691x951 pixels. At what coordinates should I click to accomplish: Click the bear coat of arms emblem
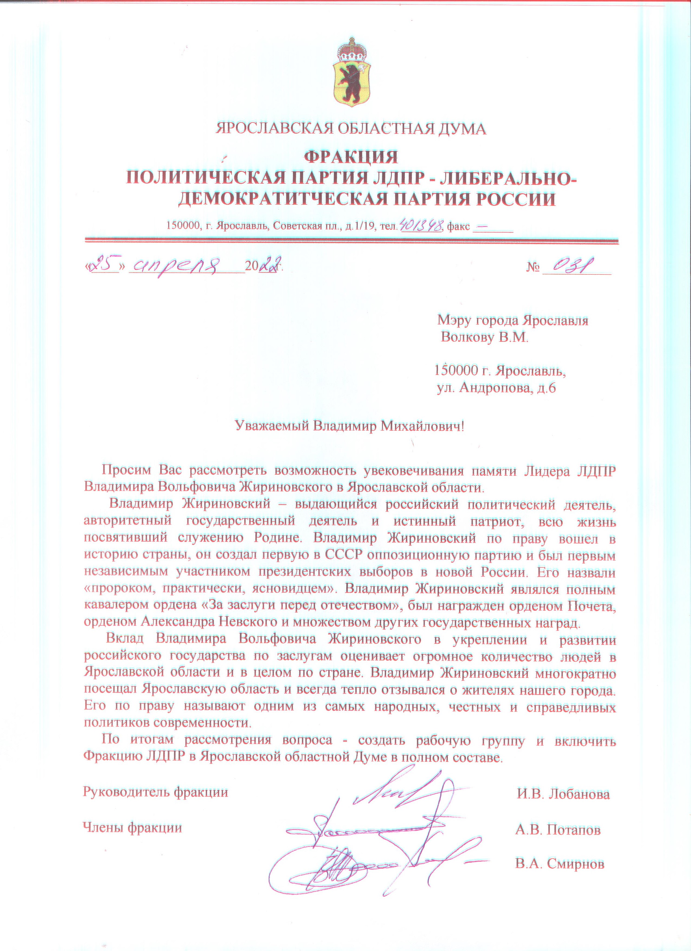point(352,82)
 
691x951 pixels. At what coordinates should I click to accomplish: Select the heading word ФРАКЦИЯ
point(351,157)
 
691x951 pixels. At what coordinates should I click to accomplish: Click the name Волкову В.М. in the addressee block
point(485,338)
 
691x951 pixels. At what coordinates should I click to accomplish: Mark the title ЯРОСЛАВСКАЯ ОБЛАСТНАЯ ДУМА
point(351,129)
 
